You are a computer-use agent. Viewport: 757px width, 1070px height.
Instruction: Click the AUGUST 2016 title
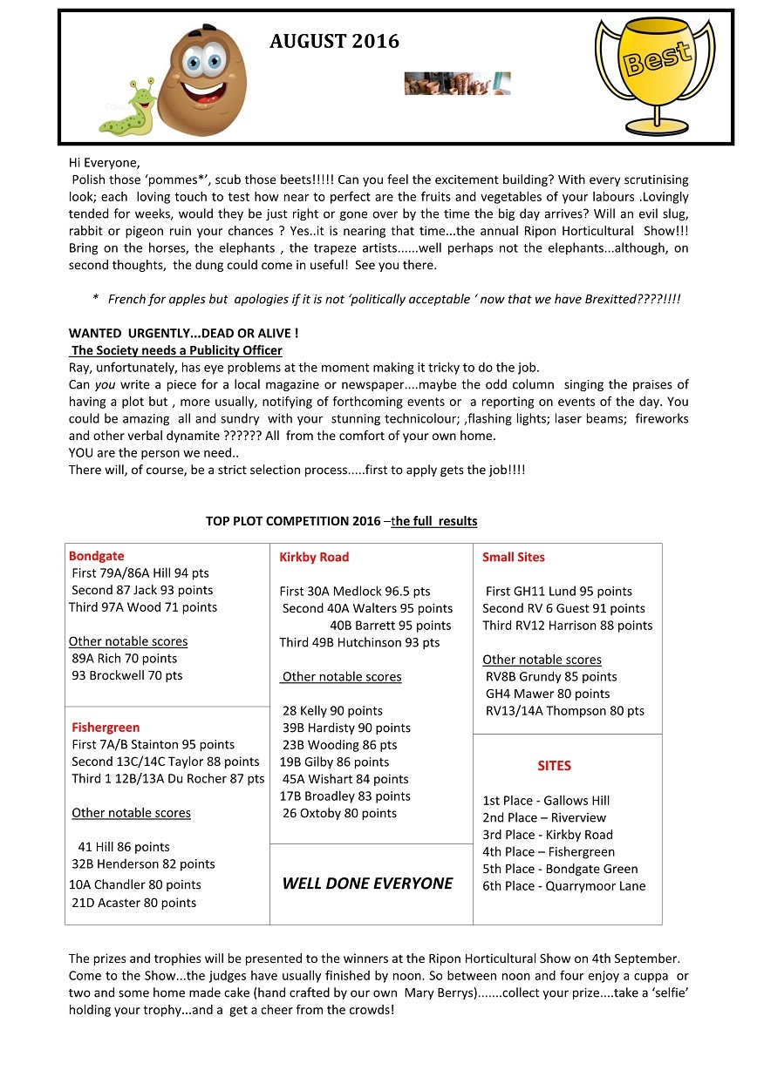[334, 41]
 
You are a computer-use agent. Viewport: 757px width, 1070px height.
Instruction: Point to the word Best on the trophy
[655, 58]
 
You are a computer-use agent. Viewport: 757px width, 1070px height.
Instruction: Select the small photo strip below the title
[457, 84]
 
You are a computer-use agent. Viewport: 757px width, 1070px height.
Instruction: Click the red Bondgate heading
[96, 556]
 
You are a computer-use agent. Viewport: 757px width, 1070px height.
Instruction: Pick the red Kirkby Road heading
[314, 557]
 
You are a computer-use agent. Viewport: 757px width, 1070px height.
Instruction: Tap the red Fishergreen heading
[106, 728]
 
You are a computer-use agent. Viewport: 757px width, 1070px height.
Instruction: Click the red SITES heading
[554, 766]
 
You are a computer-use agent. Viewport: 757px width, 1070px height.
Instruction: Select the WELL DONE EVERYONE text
[367, 884]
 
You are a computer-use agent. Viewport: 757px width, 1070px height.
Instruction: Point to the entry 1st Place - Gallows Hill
[546, 801]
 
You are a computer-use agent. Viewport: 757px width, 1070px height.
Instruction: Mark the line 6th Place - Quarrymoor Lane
[563, 886]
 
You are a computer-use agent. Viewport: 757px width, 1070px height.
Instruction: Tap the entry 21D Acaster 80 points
[133, 904]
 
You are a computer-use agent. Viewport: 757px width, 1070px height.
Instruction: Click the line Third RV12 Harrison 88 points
[567, 626]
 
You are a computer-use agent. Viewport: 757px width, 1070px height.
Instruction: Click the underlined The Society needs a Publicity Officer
[176, 350]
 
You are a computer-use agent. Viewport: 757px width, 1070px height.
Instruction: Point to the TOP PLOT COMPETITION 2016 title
[341, 521]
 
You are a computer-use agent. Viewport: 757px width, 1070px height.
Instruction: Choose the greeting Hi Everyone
[104, 162]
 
